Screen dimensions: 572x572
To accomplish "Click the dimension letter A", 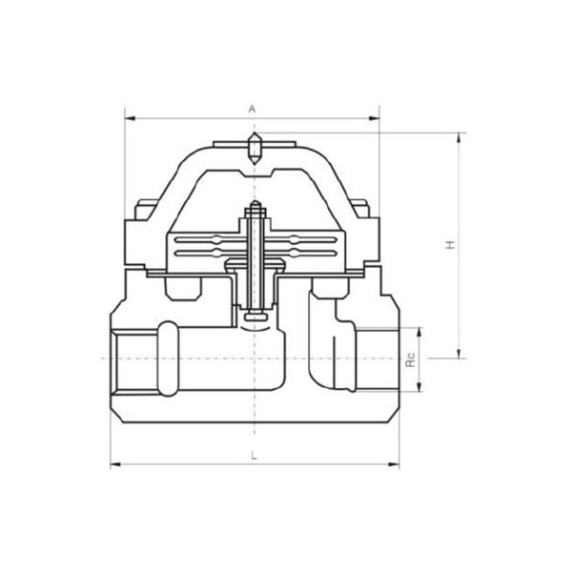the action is (x=252, y=109).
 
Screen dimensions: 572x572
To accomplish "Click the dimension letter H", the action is (x=451, y=245).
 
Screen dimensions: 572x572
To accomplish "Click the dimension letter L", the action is (x=255, y=455).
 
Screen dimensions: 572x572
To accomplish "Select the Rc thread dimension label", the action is (x=411, y=359).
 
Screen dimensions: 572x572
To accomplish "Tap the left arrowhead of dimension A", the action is (x=131, y=118).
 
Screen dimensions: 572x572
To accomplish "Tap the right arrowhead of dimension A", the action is (x=375, y=118).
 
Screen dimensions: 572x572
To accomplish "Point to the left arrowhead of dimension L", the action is (x=115, y=464).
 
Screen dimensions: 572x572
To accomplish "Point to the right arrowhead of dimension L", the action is (x=394, y=464).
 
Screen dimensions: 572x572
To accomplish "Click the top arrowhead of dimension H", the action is (x=460, y=138).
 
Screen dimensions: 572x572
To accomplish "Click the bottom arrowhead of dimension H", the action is (x=460, y=353).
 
